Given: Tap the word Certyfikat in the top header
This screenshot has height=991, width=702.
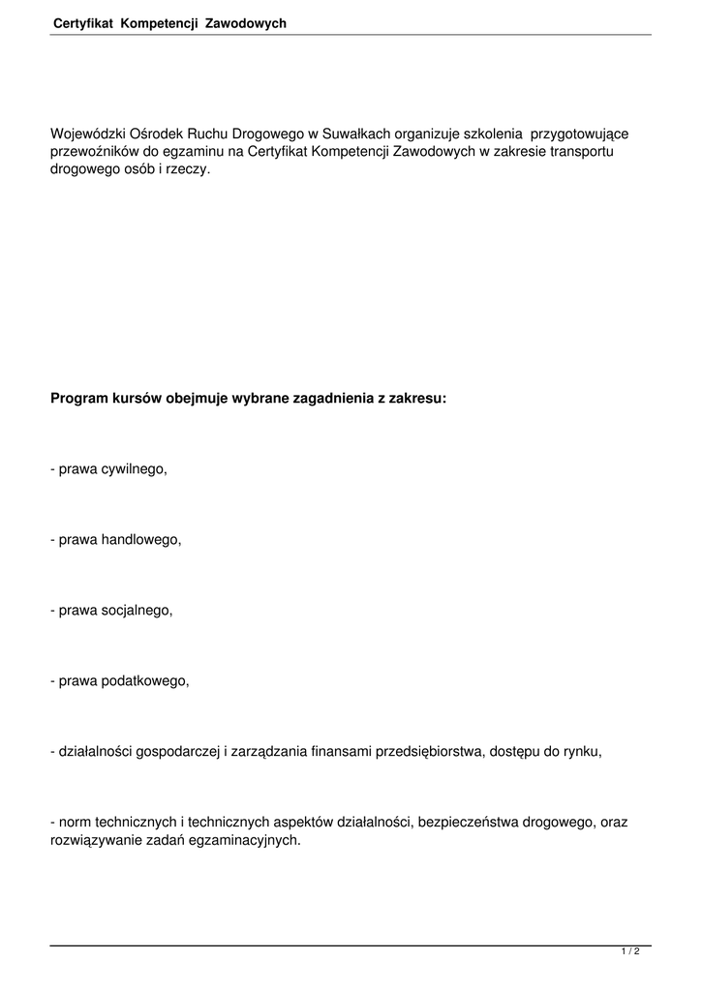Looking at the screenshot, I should pyautogui.click(x=84, y=22).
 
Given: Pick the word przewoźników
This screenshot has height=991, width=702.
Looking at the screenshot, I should pyautogui.click(x=94, y=152).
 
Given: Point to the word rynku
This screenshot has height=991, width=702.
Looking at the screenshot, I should pyautogui.click(x=583, y=751).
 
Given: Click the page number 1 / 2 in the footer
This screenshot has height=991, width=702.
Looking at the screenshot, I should pyautogui.click(x=630, y=952).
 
